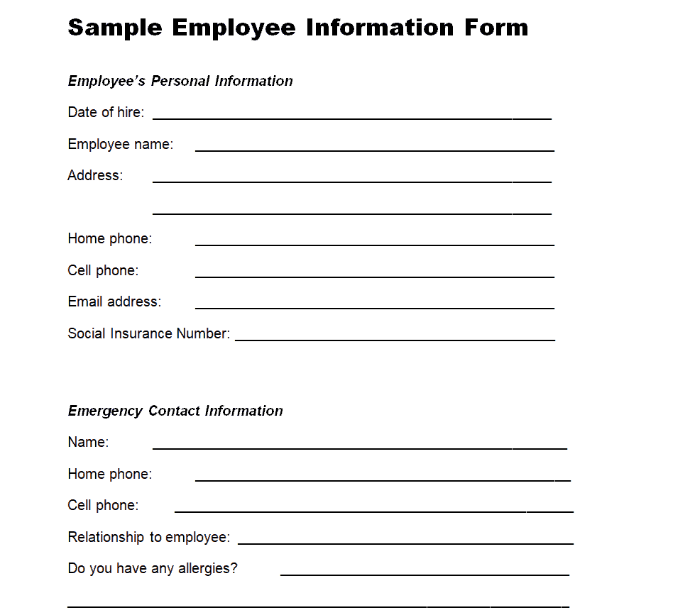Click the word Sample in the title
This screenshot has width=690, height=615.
click(x=114, y=28)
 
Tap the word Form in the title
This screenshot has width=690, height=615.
click(x=496, y=28)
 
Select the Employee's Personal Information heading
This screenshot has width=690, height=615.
click(x=180, y=81)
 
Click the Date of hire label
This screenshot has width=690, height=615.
click(x=106, y=112)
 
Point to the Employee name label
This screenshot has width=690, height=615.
click(x=120, y=144)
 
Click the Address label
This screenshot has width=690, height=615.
click(x=95, y=175)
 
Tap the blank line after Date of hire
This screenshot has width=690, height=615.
click(x=351, y=118)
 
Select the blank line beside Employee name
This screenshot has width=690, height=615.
click(x=374, y=150)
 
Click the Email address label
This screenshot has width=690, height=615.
click(x=114, y=301)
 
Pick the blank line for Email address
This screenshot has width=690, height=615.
click(x=374, y=307)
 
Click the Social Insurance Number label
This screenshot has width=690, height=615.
click(x=148, y=333)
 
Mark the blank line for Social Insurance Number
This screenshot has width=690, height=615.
click(x=395, y=339)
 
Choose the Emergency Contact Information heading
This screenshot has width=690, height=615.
click(x=175, y=411)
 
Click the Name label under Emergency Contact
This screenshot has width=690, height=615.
click(x=88, y=442)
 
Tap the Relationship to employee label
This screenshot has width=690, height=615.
click(x=148, y=537)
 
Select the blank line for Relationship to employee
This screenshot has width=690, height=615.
click(x=405, y=543)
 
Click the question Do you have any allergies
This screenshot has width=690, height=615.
click(x=153, y=568)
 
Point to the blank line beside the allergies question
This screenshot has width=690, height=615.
click(x=425, y=574)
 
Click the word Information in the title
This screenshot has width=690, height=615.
click(x=380, y=28)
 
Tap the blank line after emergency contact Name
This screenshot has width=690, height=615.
click(x=359, y=448)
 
